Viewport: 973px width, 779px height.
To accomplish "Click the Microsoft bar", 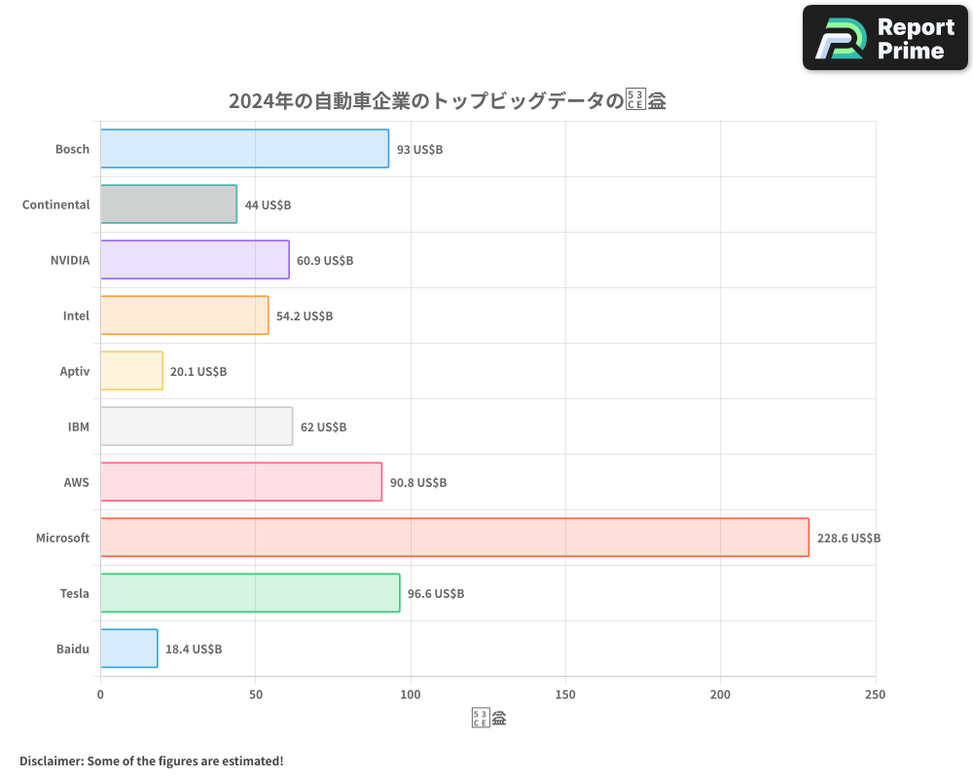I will click(x=454, y=538).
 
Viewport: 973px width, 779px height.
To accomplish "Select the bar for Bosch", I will click(x=244, y=149).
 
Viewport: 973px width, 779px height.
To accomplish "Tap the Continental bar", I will click(x=168, y=204).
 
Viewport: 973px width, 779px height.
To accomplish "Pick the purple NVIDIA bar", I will click(x=195, y=260).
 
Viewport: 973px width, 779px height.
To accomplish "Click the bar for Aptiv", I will click(x=131, y=371).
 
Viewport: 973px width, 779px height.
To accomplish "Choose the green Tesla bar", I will click(x=250, y=593).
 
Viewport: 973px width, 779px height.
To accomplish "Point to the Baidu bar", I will click(x=128, y=649).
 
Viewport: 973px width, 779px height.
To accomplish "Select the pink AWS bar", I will click(x=240, y=482).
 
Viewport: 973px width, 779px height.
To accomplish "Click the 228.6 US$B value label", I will click(x=848, y=538).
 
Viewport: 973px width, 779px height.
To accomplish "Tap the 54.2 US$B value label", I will click(x=305, y=315).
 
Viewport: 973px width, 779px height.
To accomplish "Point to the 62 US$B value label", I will click(x=323, y=427).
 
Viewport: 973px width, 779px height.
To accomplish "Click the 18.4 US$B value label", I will click(x=194, y=649).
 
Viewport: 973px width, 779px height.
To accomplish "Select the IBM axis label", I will click(x=79, y=427).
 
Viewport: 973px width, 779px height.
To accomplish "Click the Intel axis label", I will click(x=76, y=315).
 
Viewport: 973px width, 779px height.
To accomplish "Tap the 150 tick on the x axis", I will click(x=565, y=694).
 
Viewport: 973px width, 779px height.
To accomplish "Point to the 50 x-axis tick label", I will click(x=255, y=694).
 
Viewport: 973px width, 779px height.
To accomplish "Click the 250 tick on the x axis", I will click(x=875, y=694).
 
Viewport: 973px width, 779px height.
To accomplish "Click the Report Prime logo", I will click(x=885, y=38).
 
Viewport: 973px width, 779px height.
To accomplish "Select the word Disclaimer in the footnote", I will click(x=51, y=760).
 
